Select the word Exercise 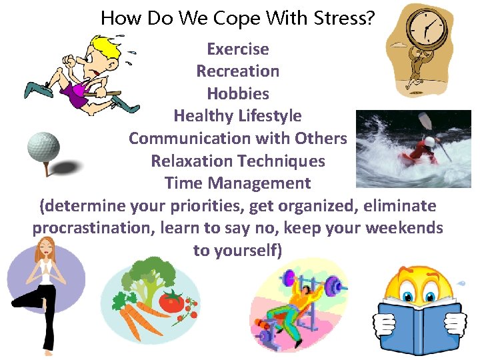click(238, 49)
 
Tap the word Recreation click(238, 71)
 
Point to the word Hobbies click(238, 94)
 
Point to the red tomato click(172, 302)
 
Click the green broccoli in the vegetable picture click(143, 273)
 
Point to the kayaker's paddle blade click(424, 121)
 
